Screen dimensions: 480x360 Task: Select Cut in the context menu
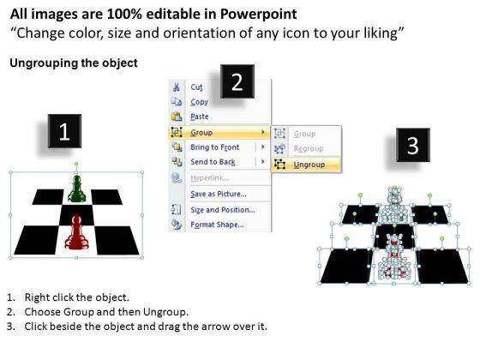tap(196, 87)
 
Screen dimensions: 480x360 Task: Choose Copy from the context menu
tap(199, 102)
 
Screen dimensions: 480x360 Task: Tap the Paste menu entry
tap(200, 117)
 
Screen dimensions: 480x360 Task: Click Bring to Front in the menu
tap(214, 147)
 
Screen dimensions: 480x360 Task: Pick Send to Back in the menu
tap(213, 162)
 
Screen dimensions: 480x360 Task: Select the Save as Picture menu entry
tap(219, 194)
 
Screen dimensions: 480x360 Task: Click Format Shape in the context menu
tap(217, 225)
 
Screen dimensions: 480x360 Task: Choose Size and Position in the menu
tap(223, 210)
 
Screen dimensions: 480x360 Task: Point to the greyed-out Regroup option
tap(309, 149)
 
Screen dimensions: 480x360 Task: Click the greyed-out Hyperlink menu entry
tap(210, 178)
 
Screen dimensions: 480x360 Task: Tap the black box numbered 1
tap(64, 131)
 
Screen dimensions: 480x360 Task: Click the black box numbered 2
tap(237, 81)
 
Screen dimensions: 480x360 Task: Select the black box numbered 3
tap(412, 145)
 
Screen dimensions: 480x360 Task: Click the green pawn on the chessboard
tap(76, 189)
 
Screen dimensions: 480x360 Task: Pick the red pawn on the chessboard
tap(76, 232)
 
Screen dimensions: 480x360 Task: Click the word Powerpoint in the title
tap(258, 15)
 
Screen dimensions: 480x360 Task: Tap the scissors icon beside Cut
tap(177, 87)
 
